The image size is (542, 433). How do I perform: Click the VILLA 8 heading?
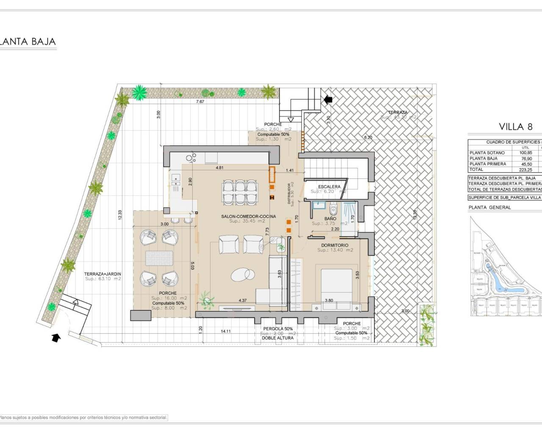(x=515, y=126)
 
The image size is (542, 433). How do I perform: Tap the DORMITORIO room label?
(x=335, y=245)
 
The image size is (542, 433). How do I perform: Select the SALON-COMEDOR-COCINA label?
(x=248, y=216)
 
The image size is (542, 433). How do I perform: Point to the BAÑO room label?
(x=330, y=219)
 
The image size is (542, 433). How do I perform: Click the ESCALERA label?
(x=329, y=186)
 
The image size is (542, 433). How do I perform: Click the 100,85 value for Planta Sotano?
(x=525, y=153)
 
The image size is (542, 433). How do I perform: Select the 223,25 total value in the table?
(x=525, y=170)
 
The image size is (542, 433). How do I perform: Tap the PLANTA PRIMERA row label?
(x=487, y=164)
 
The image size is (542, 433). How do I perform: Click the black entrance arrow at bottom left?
(x=55, y=337)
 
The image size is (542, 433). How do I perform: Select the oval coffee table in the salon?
(x=241, y=275)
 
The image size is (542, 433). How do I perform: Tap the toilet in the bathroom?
(x=333, y=209)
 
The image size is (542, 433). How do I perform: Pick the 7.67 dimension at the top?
(x=200, y=102)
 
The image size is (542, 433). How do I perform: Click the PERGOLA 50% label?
(x=278, y=329)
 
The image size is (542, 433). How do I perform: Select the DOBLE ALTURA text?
(x=277, y=338)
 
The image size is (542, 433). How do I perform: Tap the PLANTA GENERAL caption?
(x=489, y=208)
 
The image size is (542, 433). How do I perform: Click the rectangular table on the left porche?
(x=158, y=258)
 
